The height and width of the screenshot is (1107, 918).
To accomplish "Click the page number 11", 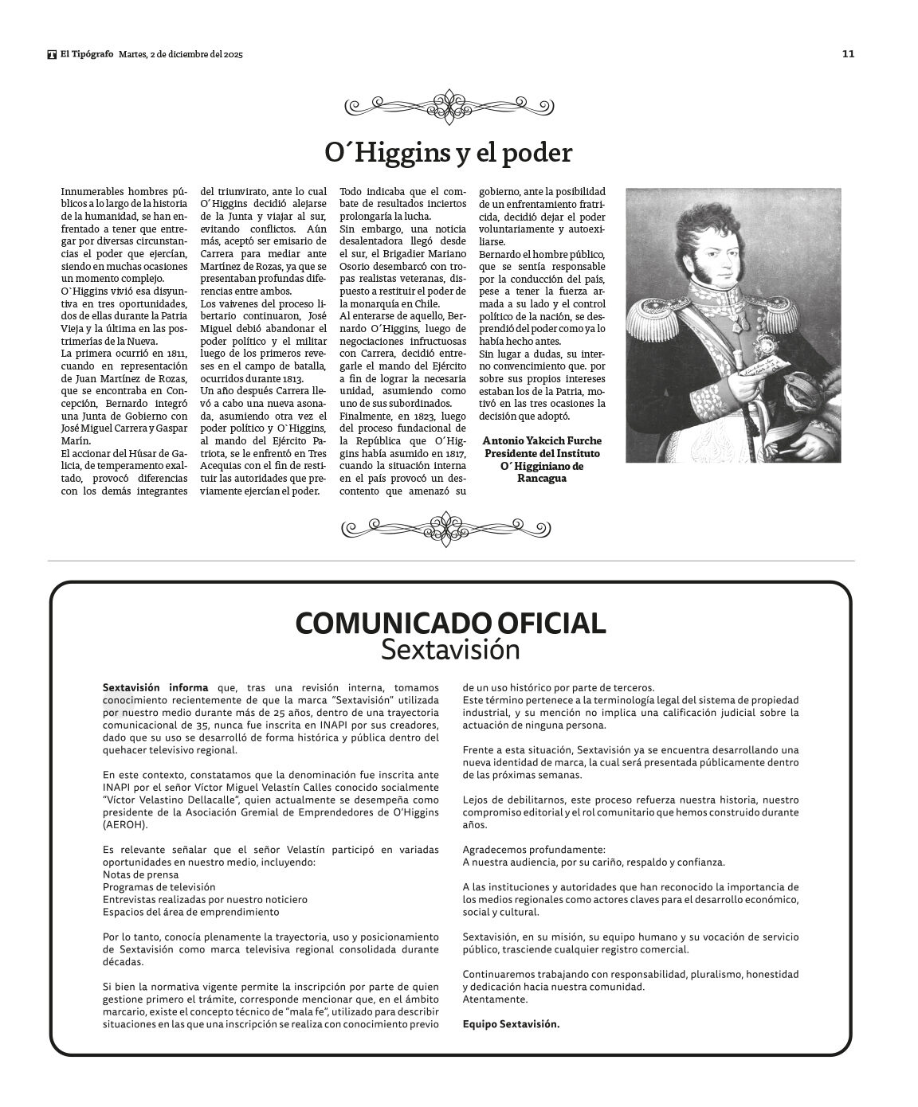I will (848, 54).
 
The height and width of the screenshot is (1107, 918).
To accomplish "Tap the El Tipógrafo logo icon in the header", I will (52, 54).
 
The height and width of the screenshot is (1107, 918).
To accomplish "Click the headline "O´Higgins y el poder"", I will (448, 152).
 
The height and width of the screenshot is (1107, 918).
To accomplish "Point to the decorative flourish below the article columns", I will (448, 526).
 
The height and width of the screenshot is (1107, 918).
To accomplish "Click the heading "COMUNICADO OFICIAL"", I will (450, 623).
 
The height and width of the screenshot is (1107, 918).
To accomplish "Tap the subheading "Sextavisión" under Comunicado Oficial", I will (450, 650).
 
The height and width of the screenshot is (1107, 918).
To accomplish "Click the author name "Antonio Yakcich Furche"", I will (542, 440).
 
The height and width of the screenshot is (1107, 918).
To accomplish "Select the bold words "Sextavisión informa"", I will (155, 687).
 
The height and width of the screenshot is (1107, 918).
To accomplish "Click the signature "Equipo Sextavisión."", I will (511, 1024).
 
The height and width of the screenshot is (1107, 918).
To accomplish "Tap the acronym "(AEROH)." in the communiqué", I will (125, 825).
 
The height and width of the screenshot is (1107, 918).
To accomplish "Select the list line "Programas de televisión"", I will (159, 886).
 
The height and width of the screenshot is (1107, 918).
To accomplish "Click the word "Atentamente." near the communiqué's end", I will (495, 999).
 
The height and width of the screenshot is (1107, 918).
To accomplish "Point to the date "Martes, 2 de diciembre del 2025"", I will (180, 54).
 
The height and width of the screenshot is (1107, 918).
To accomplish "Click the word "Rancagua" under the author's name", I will (542, 479).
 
